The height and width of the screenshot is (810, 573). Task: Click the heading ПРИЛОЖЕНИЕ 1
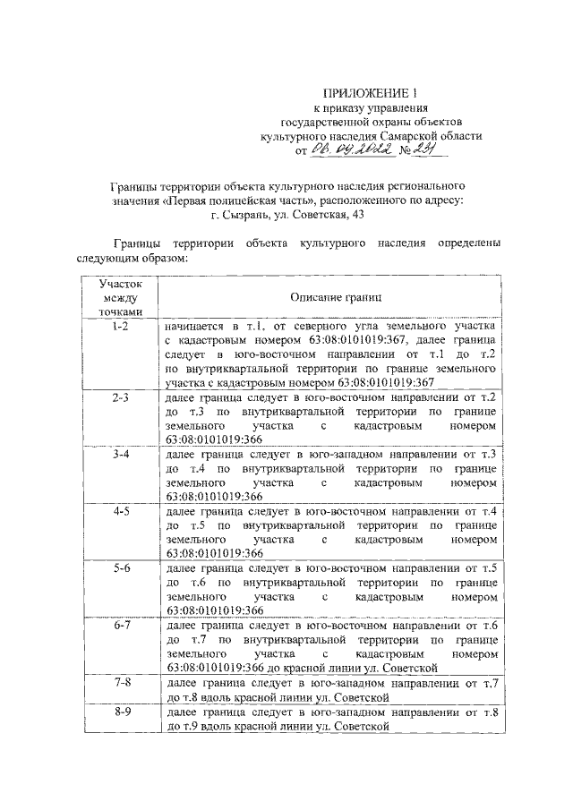tap(370, 92)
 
